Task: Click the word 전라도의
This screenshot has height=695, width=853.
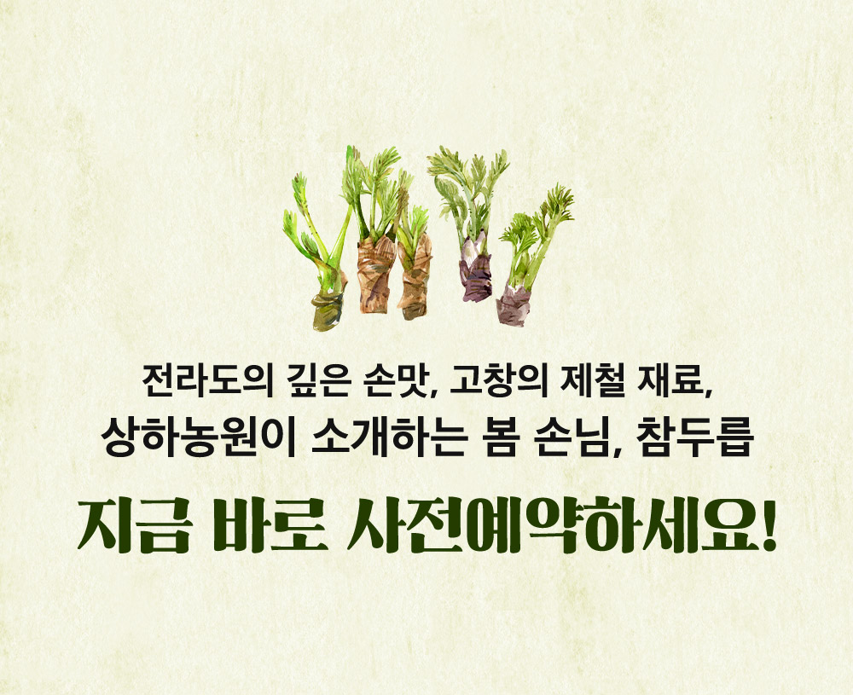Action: click(207, 380)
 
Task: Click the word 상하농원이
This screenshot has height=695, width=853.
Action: click(198, 437)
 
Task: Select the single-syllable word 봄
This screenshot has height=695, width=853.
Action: click(501, 437)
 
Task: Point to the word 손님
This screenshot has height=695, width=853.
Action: click(572, 437)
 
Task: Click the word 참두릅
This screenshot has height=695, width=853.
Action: click(694, 437)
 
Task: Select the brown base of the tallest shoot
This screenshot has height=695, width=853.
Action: click(375, 275)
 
